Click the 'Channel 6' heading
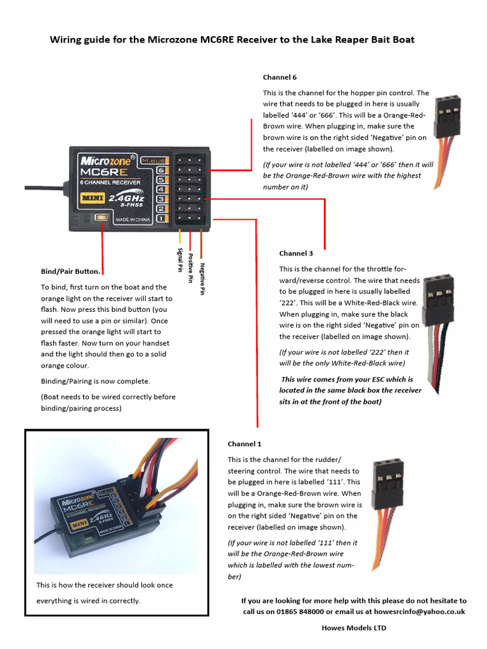(x=280, y=77)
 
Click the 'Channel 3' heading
(x=295, y=253)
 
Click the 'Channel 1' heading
(x=244, y=444)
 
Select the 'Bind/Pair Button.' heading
(x=70, y=271)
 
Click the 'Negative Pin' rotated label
(x=202, y=280)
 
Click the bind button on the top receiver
(x=100, y=219)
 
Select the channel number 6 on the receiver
(x=161, y=170)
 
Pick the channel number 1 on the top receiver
(x=161, y=219)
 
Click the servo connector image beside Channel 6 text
(x=447, y=139)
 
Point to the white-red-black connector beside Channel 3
(x=438, y=317)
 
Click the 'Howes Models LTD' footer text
(x=354, y=628)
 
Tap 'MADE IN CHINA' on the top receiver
(x=133, y=220)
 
